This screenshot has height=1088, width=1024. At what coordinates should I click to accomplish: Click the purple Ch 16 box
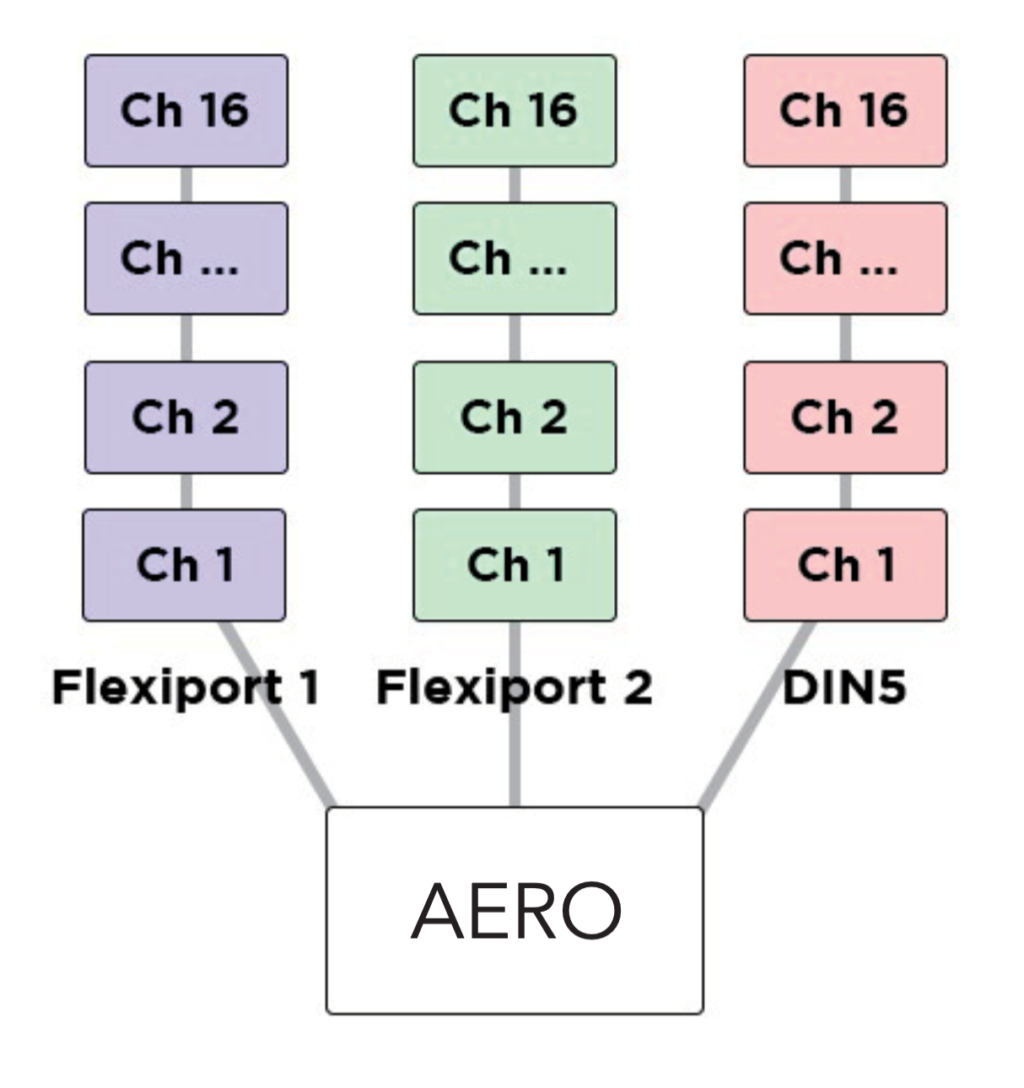(x=186, y=110)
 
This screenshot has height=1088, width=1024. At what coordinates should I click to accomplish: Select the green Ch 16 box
(x=515, y=110)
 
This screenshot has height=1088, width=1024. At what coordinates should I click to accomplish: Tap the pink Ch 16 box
(x=844, y=110)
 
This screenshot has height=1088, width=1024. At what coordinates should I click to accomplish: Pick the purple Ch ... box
(x=186, y=258)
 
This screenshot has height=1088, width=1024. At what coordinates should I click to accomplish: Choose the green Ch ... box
(x=515, y=258)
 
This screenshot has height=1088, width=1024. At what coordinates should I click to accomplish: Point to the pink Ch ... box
(x=844, y=258)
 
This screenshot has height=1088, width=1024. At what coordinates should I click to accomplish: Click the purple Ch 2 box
(x=186, y=417)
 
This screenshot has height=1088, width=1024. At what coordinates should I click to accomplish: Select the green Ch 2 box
(x=515, y=417)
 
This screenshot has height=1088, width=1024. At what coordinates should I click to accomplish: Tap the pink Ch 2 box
(x=844, y=417)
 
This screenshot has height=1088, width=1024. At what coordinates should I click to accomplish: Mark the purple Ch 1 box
(x=184, y=565)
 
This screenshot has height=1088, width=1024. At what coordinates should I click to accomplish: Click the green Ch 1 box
(x=515, y=565)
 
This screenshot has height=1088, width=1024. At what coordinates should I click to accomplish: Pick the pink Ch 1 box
(x=844, y=565)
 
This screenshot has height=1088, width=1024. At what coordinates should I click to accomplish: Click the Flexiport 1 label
(x=186, y=687)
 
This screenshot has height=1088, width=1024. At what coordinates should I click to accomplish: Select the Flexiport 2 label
(x=515, y=687)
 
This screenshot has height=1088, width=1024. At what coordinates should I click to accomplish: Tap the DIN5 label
(x=844, y=687)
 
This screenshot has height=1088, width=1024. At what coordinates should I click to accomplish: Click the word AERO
(x=515, y=911)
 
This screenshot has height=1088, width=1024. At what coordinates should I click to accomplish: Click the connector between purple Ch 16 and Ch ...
(x=186, y=184)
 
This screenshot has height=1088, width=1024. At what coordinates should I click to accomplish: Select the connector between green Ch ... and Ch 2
(x=515, y=337)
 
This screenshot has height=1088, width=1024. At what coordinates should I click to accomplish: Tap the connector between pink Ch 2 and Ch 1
(x=845, y=491)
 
